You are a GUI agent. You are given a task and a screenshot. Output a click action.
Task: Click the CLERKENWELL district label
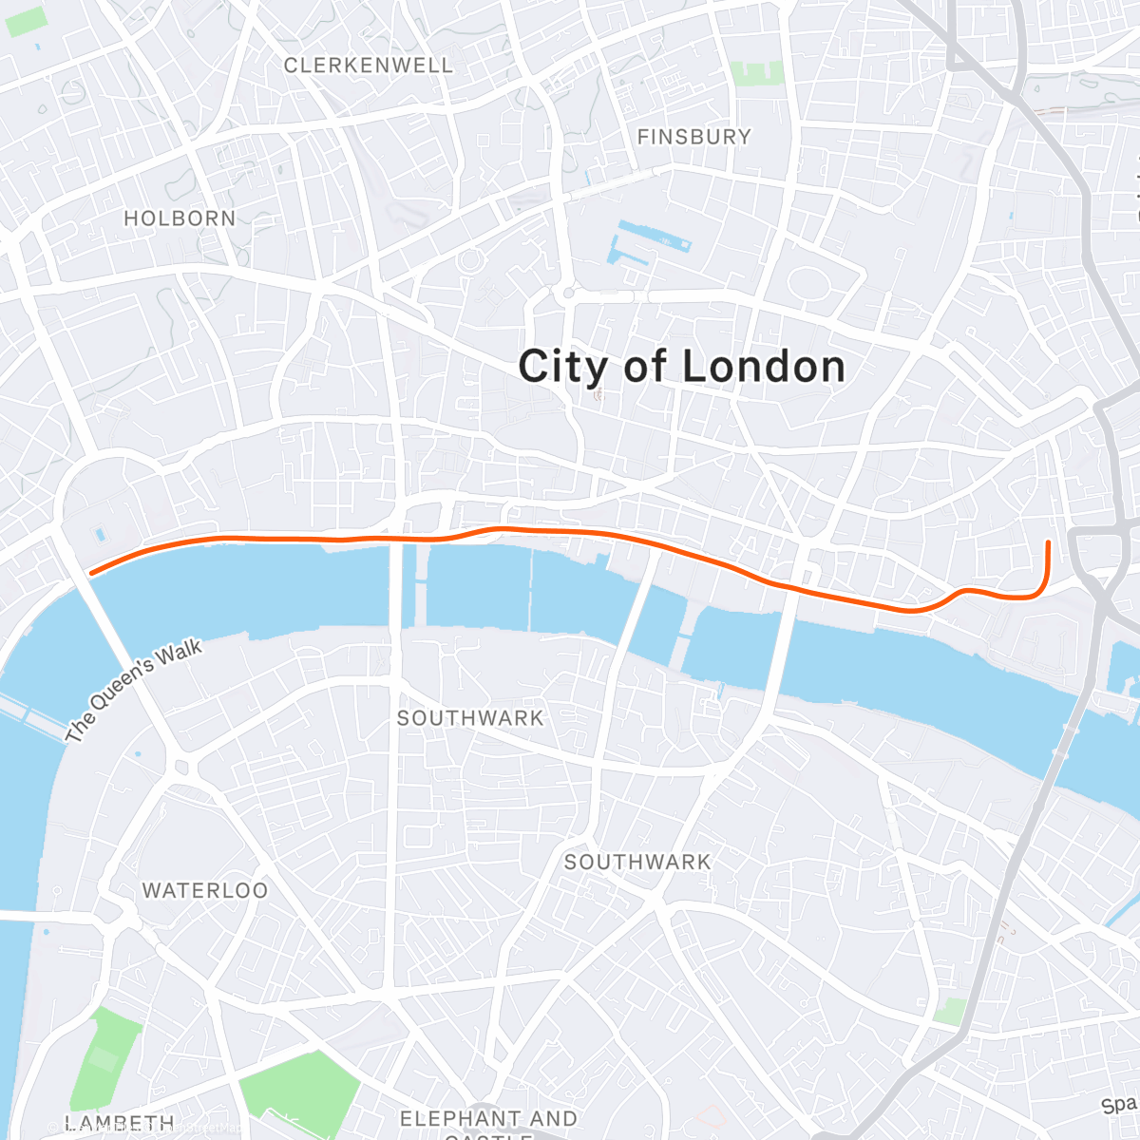(369, 66)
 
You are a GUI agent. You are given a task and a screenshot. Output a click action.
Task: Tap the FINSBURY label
(693, 137)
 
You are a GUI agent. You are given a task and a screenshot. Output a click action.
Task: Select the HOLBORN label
(180, 218)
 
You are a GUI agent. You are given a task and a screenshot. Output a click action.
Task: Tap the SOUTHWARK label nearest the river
(470, 718)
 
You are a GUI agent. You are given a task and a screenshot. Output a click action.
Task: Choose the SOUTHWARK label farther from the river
(637, 862)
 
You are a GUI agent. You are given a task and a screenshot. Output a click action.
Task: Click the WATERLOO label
(205, 891)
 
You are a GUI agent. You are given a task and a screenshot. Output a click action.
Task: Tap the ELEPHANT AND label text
(488, 1118)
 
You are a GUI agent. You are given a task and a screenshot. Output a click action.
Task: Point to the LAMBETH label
(120, 1123)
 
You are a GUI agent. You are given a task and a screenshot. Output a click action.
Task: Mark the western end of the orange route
(91, 573)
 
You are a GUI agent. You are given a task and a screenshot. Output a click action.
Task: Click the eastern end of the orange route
(1048, 542)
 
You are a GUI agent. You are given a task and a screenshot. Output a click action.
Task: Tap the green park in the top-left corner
(26, 21)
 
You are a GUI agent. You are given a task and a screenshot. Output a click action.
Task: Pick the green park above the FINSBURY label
(757, 73)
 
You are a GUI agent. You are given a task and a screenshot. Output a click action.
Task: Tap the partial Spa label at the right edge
(1119, 1105)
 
